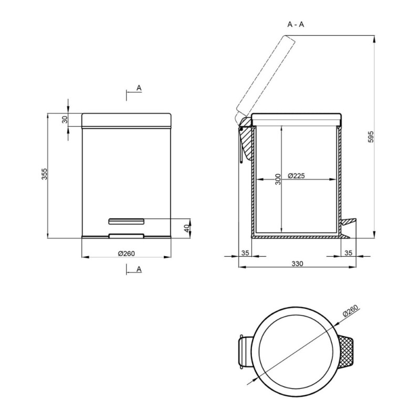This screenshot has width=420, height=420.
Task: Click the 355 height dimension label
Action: [x=45, y=174]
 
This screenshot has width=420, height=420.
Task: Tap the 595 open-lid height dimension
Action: [x=371, y=136]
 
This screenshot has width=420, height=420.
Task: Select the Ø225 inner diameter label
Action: [x=296, y=176]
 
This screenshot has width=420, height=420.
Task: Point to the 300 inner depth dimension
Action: [x=278, y=179]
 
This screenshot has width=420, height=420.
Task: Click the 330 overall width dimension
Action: [x=297, y=264]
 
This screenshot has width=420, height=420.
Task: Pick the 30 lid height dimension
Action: [x=65, y=120]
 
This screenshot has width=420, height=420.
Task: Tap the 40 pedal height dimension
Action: [x=187, y=228]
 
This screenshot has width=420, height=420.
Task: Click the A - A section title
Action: [x=296, y=25]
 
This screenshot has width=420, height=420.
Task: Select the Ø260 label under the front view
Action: [x=127, y=254]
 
